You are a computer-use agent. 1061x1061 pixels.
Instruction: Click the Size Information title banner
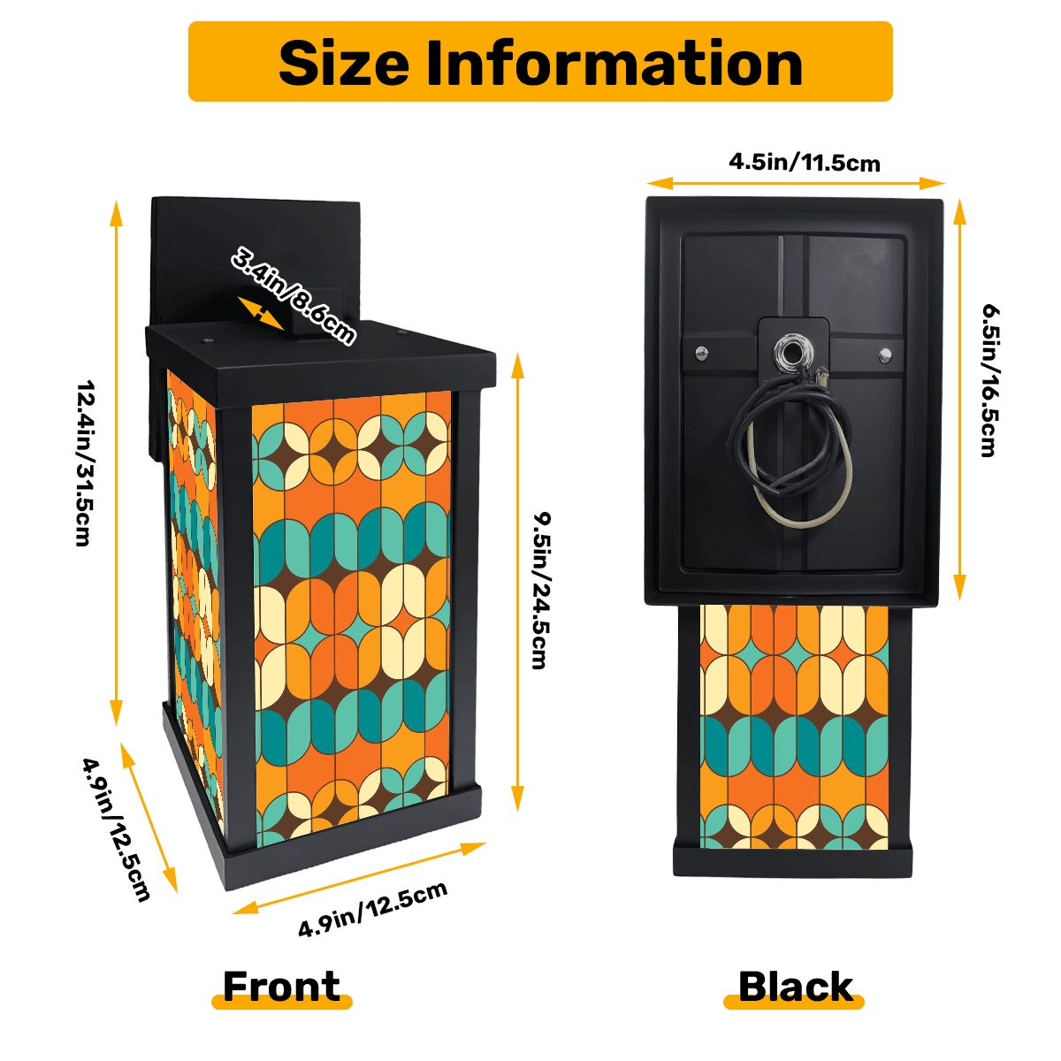click(539, 61)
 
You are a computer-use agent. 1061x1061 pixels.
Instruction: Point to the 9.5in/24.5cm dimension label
click(541, 591)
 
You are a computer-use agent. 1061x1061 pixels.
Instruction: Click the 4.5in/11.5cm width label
click(805, 163)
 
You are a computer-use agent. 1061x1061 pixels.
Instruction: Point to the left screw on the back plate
click(701, 351)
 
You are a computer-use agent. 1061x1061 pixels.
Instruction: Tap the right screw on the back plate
click(885, 354)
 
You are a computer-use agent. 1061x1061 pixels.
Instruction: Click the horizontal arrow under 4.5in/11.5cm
click(796, 183)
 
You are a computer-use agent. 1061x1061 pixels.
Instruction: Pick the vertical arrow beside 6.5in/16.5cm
click(959, 399)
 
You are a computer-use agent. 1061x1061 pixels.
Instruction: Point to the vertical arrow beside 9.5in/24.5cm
click(517, 583)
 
